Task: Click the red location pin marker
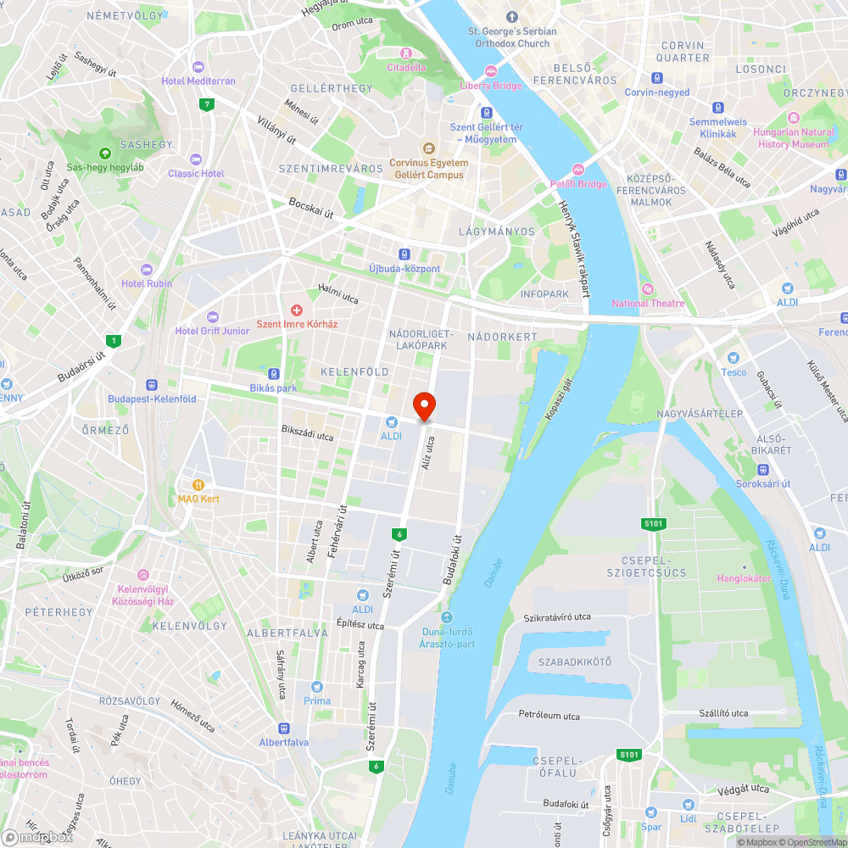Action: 424,405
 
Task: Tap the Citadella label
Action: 406,67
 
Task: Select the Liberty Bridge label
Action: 491,85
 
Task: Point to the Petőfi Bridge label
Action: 578,184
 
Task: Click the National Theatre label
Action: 648,304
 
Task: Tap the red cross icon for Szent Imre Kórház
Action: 297,311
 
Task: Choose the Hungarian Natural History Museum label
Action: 794,137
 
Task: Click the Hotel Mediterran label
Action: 198,81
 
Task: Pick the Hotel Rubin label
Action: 146,283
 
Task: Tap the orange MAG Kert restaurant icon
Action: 197,485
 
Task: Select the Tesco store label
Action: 734,371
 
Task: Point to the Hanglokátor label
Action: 743,577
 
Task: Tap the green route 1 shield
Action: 113,341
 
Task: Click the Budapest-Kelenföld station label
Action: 152,399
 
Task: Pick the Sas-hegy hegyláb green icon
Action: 104,153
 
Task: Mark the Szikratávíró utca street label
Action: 557,617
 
